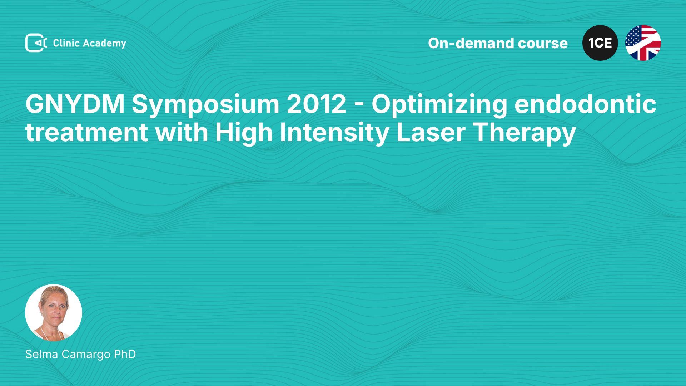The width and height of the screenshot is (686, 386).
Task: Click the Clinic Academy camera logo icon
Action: point(36,43)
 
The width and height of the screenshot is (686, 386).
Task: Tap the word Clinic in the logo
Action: point(66,43)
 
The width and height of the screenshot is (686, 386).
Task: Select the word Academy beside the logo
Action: point(105,44)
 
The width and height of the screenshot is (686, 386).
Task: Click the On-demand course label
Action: point(498,43)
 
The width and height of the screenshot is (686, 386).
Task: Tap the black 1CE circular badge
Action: point(600,43)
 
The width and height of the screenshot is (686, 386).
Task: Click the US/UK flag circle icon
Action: point(643,43)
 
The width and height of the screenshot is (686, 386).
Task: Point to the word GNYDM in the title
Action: point(75,104)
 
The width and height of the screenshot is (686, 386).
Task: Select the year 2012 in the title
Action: point(317,104)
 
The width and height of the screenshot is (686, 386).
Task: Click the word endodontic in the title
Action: point(585,104)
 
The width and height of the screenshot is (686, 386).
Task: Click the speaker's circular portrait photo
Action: point(54,313)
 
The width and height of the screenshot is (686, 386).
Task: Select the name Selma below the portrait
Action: point(41,354)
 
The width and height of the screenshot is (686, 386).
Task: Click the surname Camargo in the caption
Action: point(86,355)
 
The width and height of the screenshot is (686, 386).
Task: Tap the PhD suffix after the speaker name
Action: point(125,354)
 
